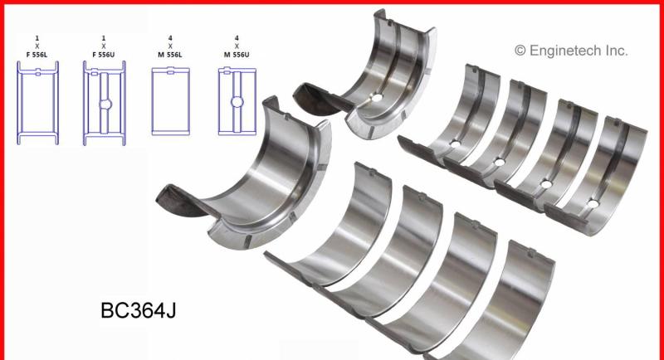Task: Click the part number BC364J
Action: tap(138, 310)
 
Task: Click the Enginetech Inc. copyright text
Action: tap(571, 51)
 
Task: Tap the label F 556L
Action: tap(37, 55)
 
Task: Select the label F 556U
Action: tap(103, 55)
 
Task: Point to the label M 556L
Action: tap(170, 55)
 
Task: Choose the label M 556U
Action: tap(237, 55)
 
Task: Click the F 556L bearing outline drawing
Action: tap(37, 103)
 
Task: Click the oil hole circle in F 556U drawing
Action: tap(105, 104)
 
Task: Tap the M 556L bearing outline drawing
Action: tap(171, 101)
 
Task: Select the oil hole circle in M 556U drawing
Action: tap(237, 102)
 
